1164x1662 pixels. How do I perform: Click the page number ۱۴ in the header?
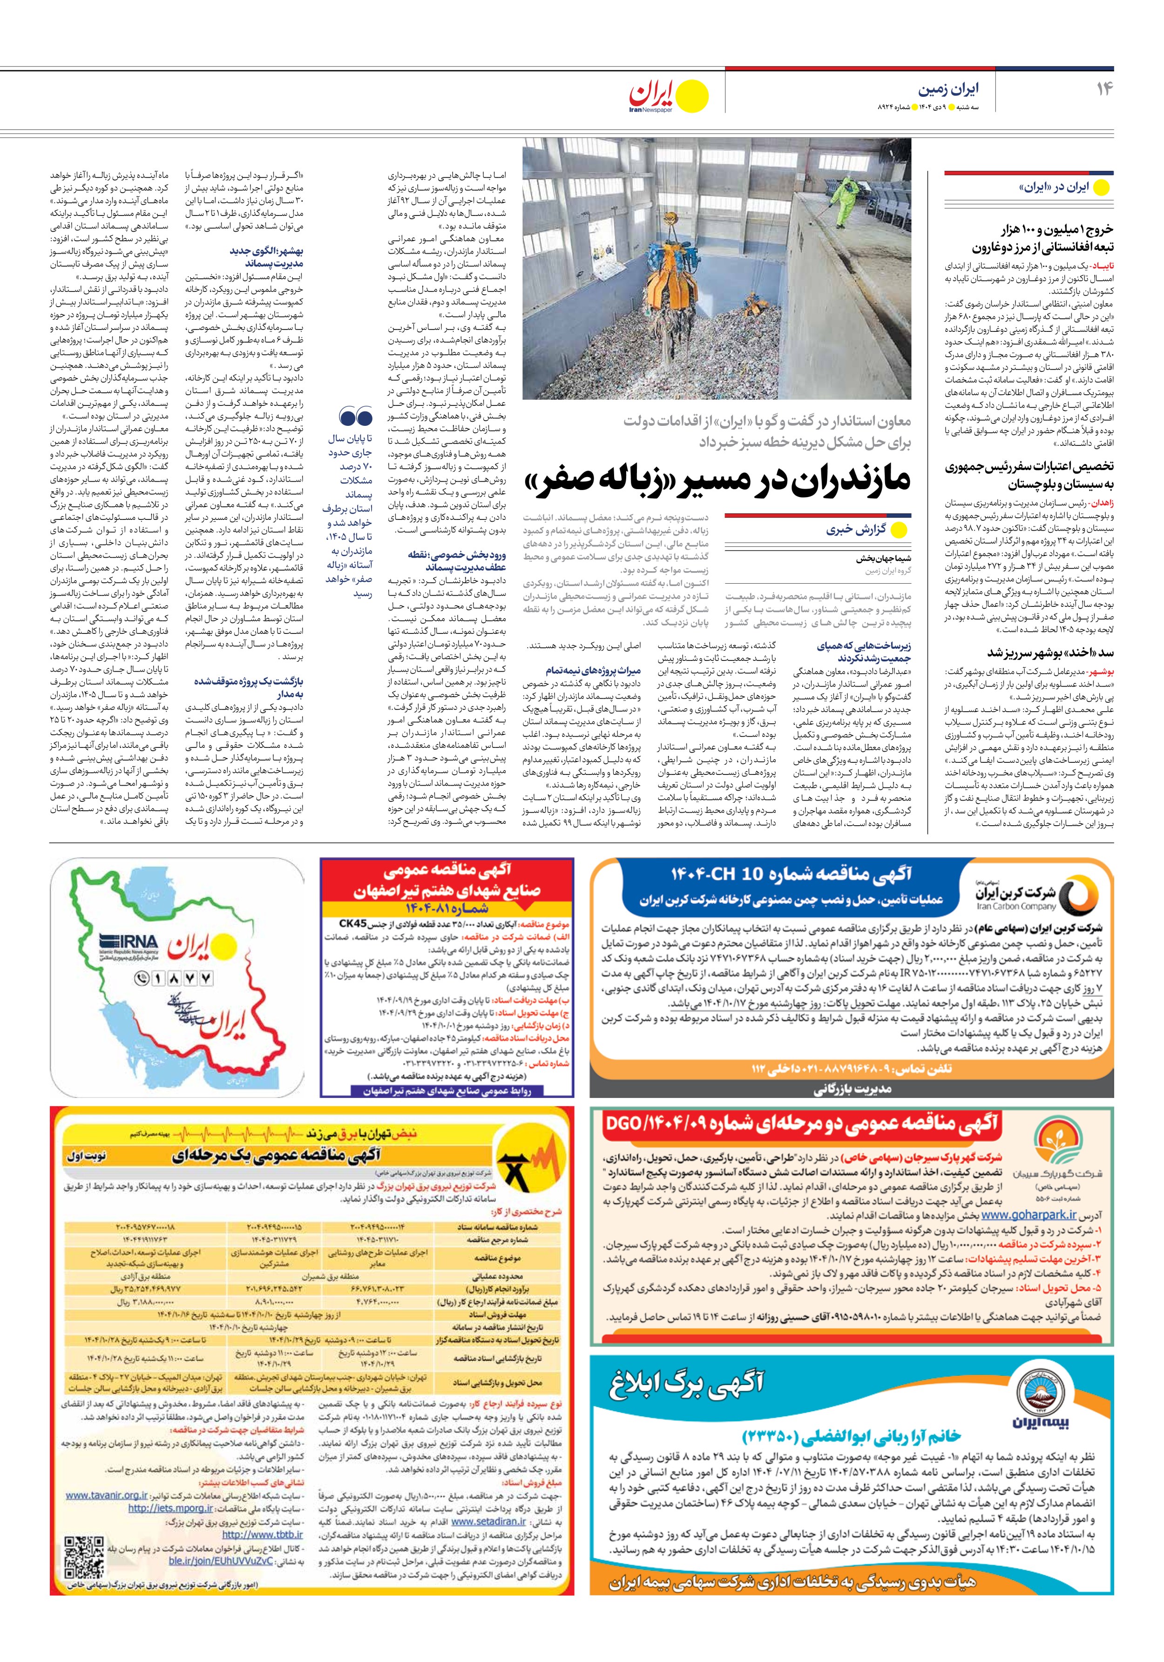pos(1104,89)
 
